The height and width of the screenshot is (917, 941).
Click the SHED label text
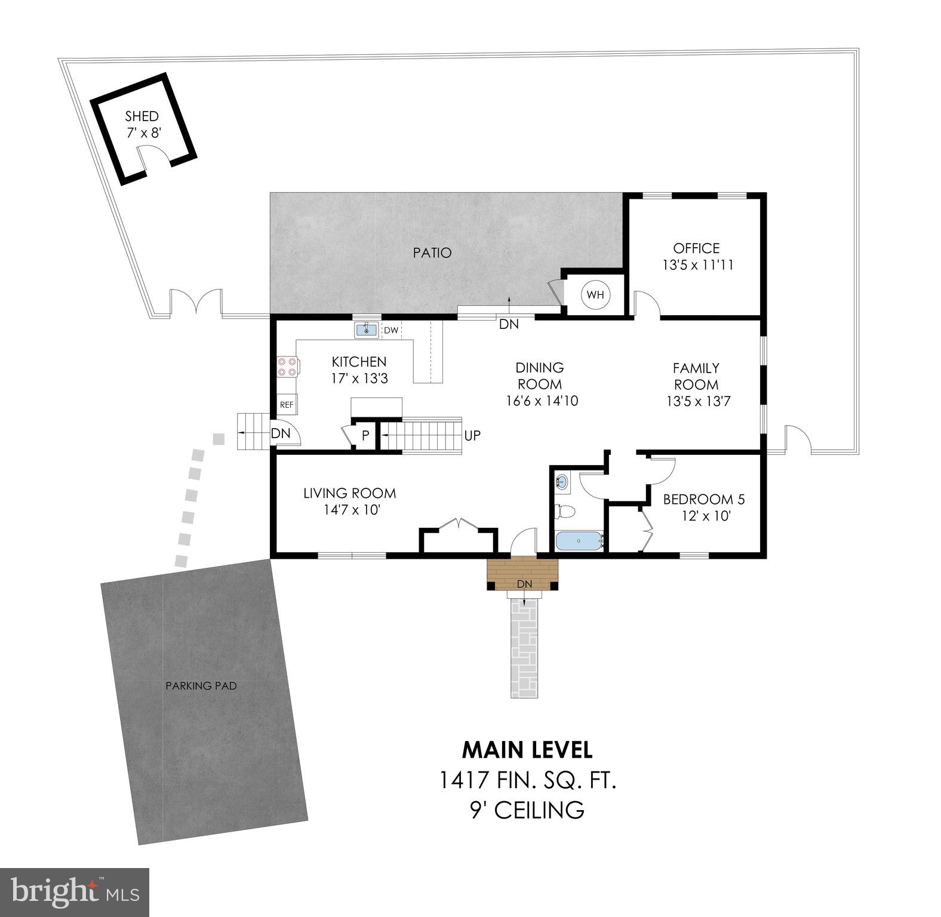142,116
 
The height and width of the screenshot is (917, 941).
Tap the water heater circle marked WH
595,295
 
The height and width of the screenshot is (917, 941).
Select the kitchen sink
366,330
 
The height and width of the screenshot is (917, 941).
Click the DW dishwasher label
390,330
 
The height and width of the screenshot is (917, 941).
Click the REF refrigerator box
287,405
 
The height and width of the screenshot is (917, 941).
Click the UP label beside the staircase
472,436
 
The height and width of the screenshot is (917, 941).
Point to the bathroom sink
562,481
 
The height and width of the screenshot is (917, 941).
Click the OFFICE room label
696,248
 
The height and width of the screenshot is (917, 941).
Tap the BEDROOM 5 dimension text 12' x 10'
707,516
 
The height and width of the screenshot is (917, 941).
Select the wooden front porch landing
522,571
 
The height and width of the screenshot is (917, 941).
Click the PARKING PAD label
201,686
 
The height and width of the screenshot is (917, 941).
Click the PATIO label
432,253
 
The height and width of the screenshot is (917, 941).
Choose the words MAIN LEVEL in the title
527,749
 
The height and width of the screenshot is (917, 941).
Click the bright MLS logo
75,892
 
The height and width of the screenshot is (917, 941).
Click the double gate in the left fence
196,301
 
